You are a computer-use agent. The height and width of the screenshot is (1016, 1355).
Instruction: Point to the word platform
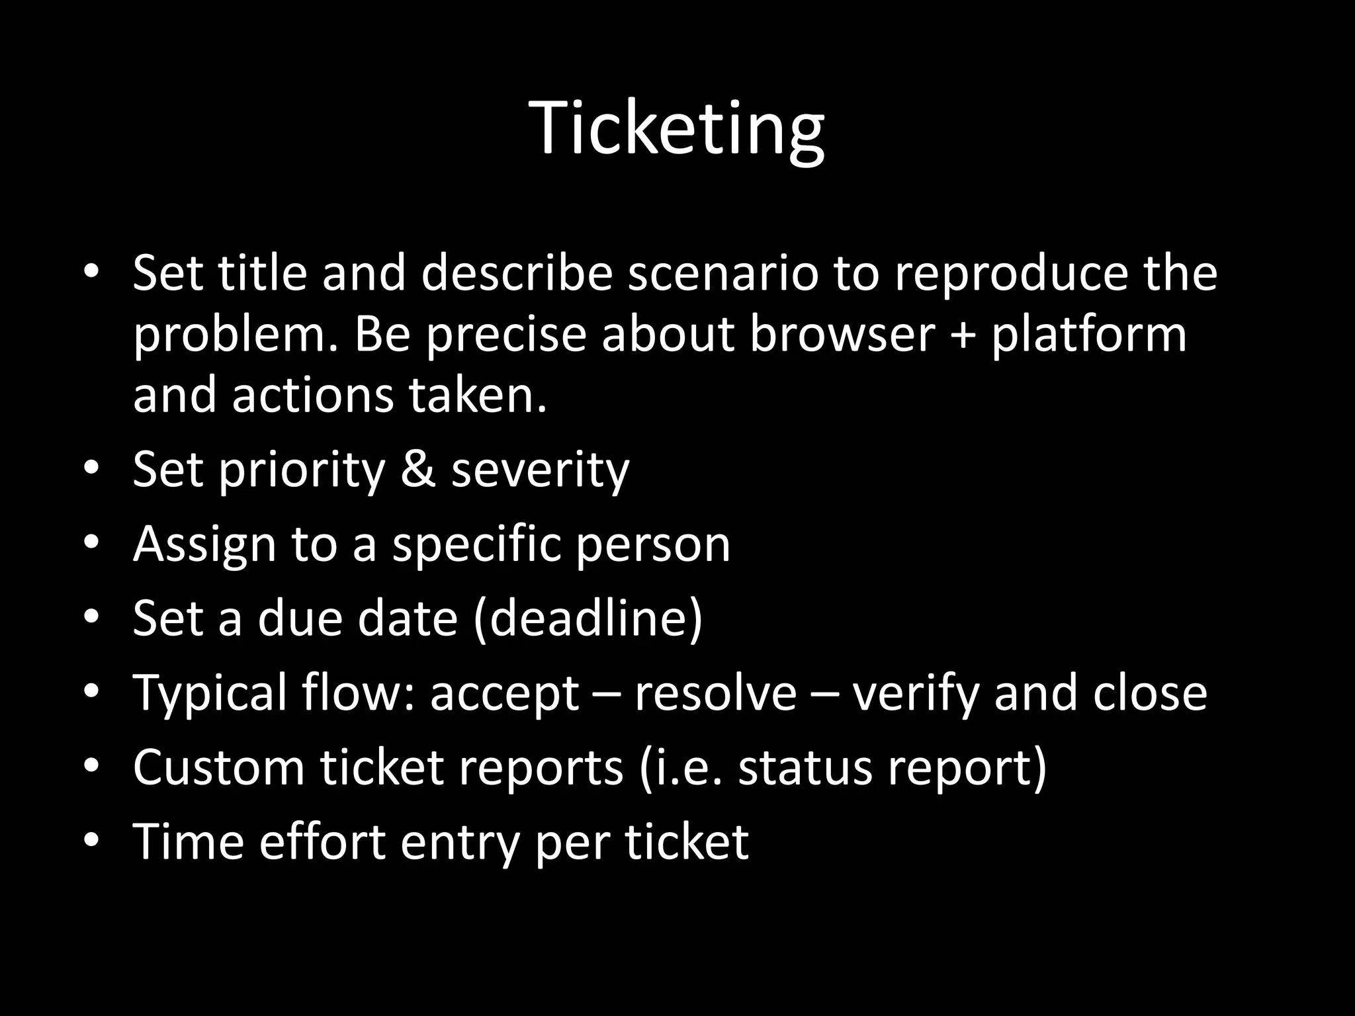[x=1089, y=335]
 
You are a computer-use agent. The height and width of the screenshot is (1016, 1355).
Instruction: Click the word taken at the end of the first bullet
[x=477, y=395]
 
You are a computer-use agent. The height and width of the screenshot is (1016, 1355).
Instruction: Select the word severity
[x=540, y=470]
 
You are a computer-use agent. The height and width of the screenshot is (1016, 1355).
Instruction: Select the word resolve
[x=715, y=693]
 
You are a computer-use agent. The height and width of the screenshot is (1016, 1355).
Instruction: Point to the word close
[x=1150, y=693]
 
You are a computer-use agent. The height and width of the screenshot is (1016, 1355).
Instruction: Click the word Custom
[x=218, y=767]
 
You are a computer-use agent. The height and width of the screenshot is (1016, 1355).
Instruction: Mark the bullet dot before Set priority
[x=91, y=469]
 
